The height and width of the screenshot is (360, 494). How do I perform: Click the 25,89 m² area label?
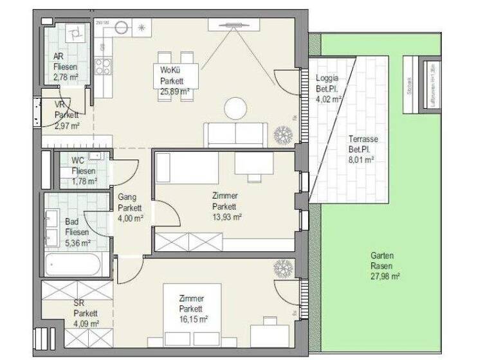click(172, 91)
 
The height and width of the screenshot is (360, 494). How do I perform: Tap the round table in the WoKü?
click(235, 108)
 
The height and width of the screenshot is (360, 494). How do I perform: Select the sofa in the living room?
click(235, 135)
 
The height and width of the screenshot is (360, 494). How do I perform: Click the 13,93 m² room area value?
click(226, 217)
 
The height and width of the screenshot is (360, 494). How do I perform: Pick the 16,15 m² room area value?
click(193, 318)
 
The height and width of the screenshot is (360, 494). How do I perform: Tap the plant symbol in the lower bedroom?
click(282, 268)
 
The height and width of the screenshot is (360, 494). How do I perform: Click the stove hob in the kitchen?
click(103, 66)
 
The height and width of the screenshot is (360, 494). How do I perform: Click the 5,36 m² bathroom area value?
click(77, 242)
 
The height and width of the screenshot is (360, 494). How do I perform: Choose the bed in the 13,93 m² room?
click(187, 168)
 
